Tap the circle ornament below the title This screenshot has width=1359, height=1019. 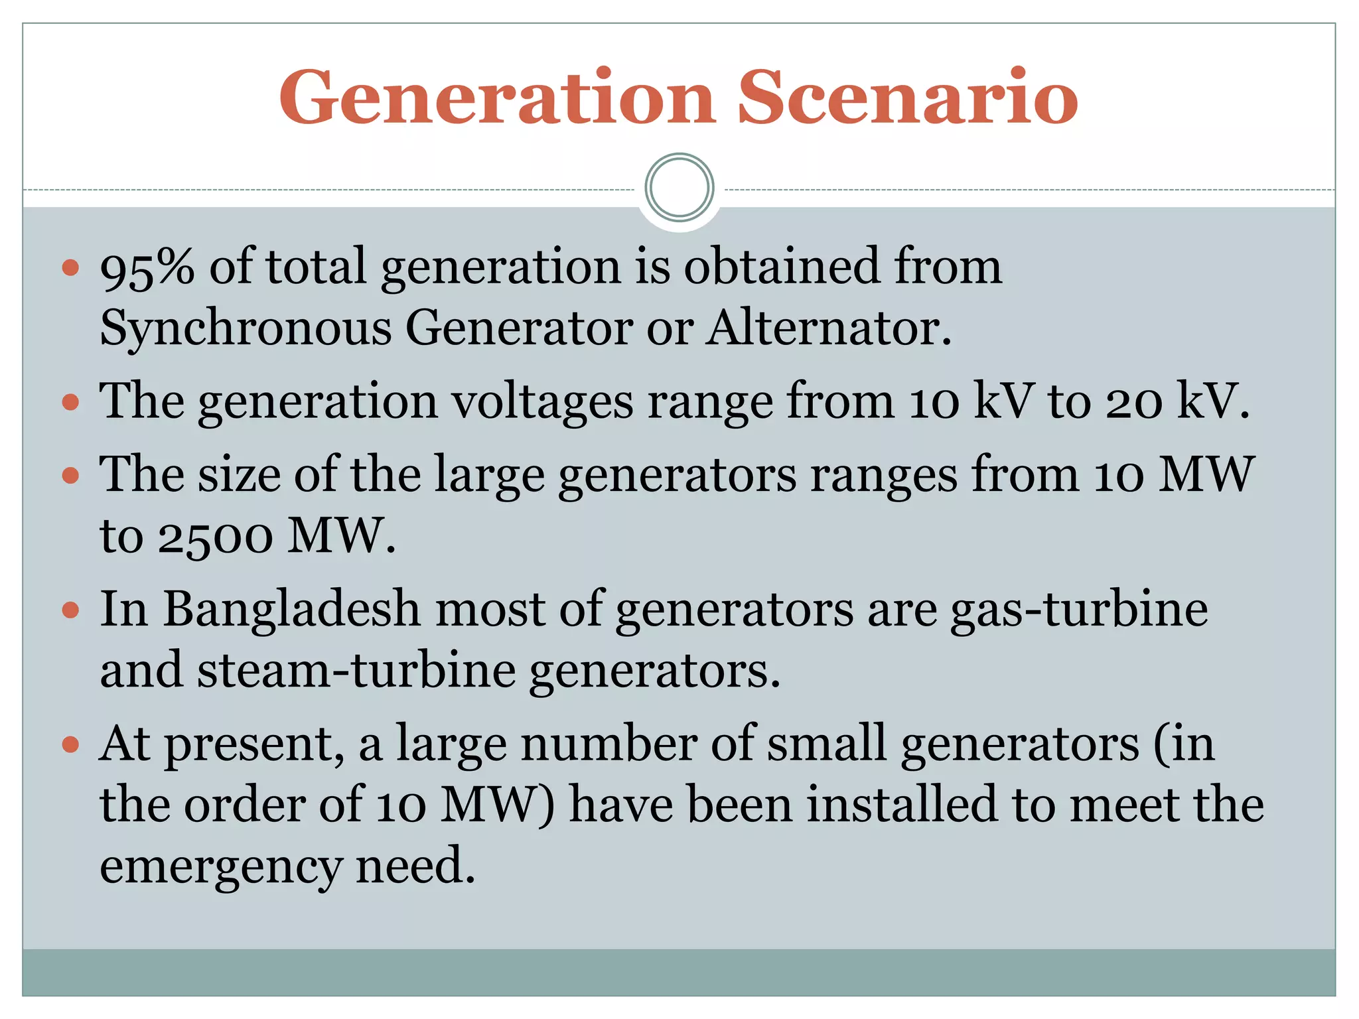679,188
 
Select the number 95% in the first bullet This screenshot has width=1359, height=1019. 147,267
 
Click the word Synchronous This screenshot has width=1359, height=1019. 245,328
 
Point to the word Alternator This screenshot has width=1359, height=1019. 828,328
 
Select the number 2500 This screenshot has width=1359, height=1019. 215,536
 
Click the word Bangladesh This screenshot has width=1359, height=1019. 292,609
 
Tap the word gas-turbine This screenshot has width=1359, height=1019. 1079,609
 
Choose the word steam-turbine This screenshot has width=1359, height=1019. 356,670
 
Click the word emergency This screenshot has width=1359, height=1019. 220,866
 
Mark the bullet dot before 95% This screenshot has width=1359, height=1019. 70,268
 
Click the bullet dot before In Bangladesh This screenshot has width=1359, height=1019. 70,610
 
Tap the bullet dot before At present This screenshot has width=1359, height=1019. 70,744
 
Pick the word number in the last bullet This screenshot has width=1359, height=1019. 608,744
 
